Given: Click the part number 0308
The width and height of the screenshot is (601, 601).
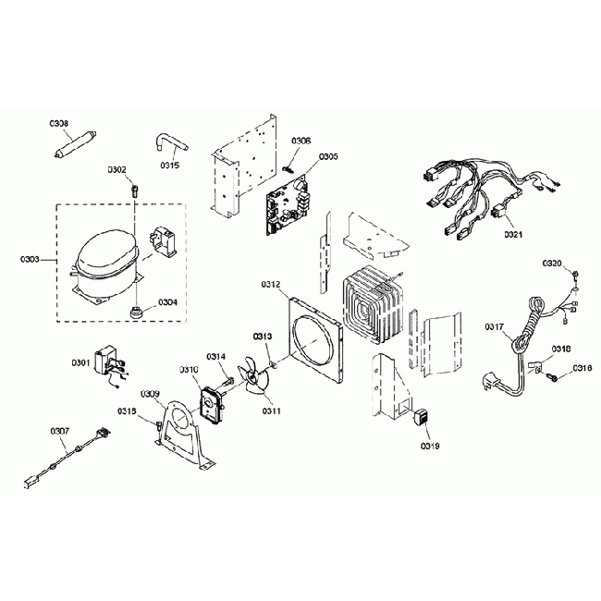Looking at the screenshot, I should pyautogui.click(x=59, y=122).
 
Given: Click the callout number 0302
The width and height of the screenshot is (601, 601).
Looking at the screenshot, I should pyautogui.click(x=117, y=170).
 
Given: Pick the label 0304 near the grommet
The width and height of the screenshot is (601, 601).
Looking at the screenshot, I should pyautogui.click(x=167, y=301).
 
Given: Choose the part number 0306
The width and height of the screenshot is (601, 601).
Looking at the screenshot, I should pyautogui.click(x=301, y=141).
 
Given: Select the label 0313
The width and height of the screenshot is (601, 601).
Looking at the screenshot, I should pyautogui.click(x=262, y=336).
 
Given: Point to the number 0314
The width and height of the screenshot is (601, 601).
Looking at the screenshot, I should pyautogui.click(x=215, y=356).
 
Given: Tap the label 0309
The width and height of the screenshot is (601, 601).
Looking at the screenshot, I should pyautogui.click(x=151, y=393).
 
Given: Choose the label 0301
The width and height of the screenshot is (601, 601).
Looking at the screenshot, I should pyautogui.click(x=80, y=362).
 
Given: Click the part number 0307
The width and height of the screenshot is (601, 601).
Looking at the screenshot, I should pyautogui.click(x=59, y=430).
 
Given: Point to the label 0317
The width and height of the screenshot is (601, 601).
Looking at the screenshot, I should pyautogui.click(x=495, y=326).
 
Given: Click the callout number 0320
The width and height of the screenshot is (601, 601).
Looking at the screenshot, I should pyautogui.click(x=551, y=264).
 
